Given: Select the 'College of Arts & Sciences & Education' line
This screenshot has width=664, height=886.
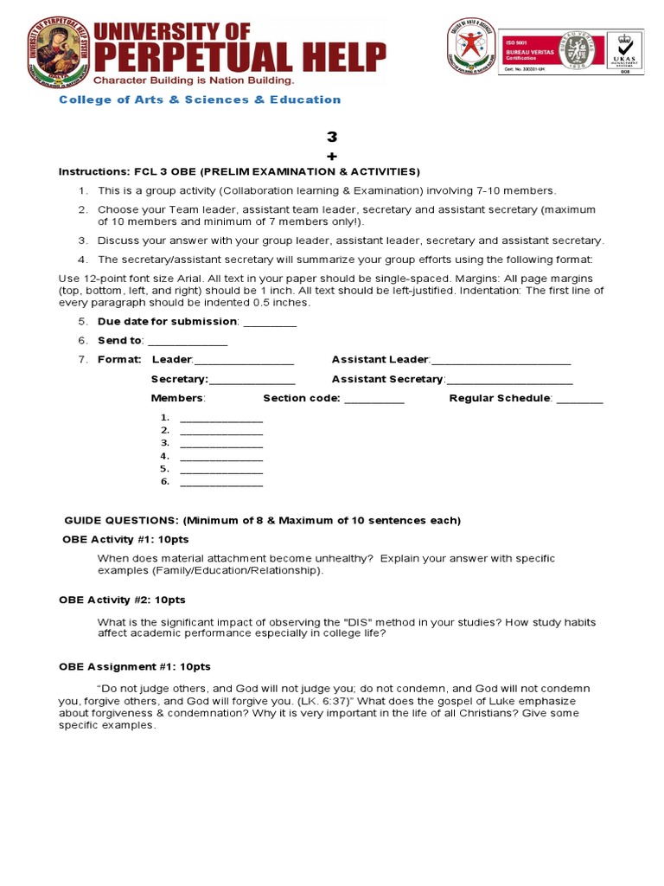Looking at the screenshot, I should (x=200, y=100).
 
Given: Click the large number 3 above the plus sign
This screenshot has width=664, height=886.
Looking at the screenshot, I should (x=331, y=138).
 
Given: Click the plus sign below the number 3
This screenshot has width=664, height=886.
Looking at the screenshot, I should (x=331, y=156).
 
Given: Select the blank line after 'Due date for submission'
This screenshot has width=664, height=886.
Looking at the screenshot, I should (x=270, y=323).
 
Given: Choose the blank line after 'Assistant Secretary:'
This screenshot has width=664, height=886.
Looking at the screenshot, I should (x=509, y=380).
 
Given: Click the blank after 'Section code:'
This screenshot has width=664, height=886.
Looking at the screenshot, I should (x=373, y=399).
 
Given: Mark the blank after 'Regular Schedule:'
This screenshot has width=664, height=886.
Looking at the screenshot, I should (x=579, y=399).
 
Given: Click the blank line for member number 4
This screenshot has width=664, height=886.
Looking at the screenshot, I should (x=220, y=456).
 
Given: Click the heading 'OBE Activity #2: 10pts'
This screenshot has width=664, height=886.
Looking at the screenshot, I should (x=122, y=600).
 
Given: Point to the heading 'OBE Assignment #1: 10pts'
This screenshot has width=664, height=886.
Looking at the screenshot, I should (x=135, y=667).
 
